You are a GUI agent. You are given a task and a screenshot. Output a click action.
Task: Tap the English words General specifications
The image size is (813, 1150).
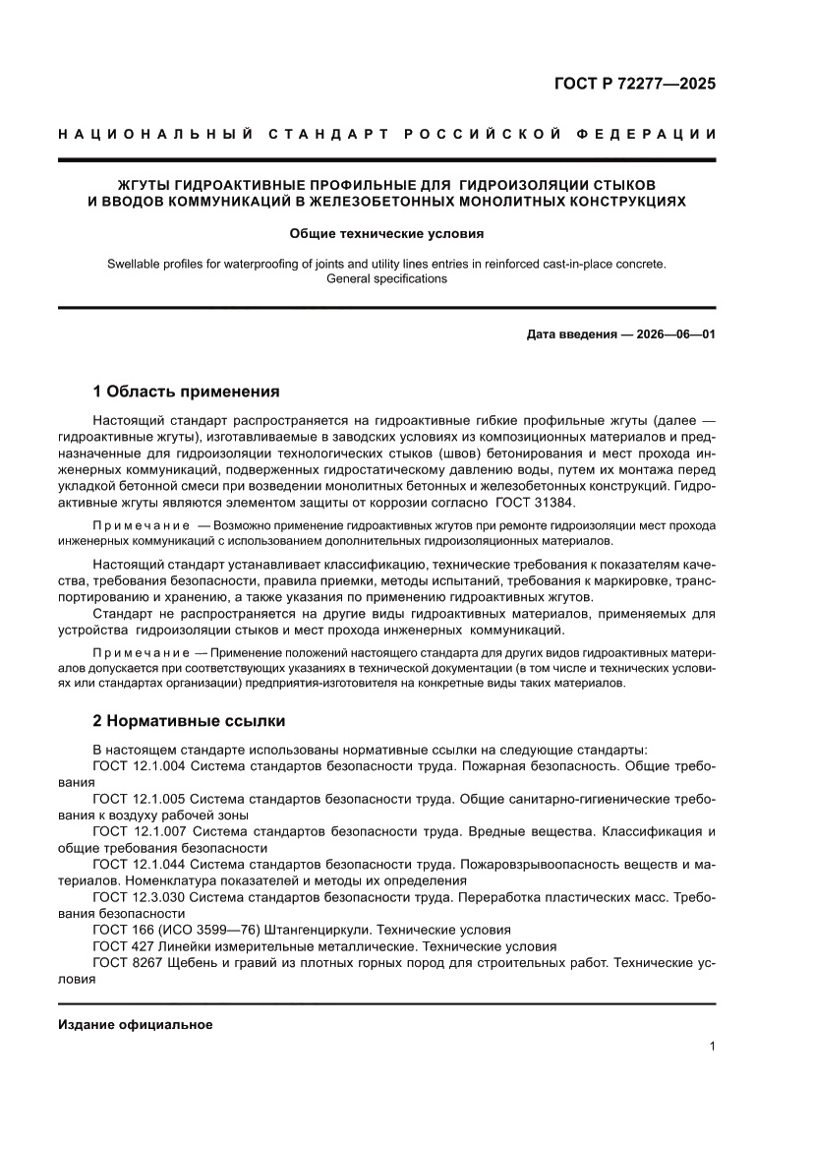386,278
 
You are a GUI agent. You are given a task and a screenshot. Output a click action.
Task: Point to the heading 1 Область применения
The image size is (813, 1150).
186,391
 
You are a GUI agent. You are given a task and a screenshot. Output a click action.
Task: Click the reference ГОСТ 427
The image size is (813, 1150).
121,946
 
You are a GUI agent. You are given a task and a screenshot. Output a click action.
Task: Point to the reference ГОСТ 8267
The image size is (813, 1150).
125,963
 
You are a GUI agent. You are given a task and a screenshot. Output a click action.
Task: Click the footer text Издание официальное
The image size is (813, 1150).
136,1024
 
